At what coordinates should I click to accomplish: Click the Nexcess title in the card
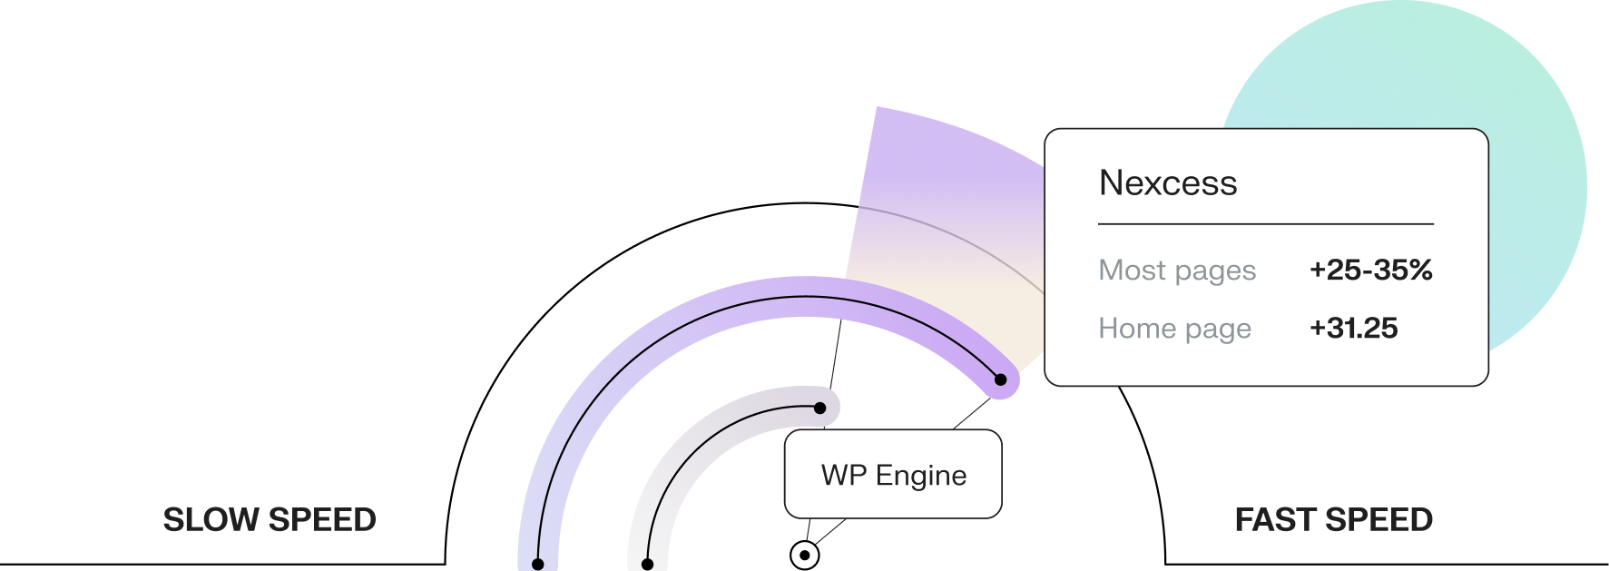point(1167,183)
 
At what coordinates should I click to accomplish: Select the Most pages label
point(1177,271)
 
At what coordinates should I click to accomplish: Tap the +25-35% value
point(1370,270)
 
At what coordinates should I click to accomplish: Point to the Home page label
point(1174,329)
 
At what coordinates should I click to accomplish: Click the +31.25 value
point(1353,328)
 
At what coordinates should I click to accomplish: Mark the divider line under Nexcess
point(1265,223)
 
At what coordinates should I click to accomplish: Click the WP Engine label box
point(893,475)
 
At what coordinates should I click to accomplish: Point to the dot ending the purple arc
point(1000,379)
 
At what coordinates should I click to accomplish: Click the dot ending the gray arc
point(819,408)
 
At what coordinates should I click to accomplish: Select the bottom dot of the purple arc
point(538,564)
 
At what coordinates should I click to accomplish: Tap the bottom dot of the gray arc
point(647,564)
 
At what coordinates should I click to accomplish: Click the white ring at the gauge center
point(804,555)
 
